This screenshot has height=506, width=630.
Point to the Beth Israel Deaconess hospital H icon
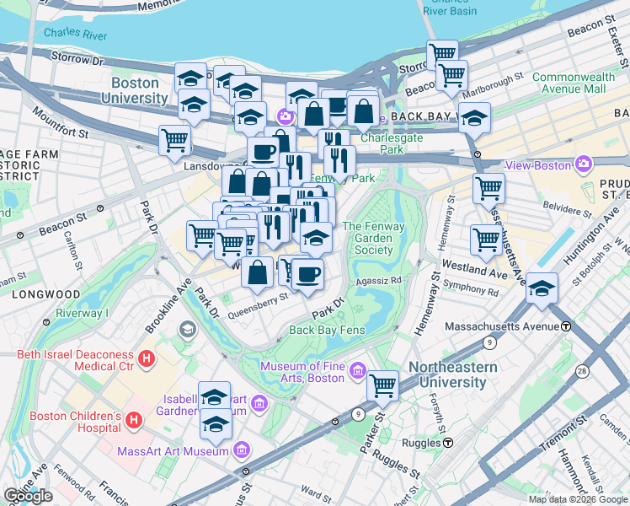(x=147, y=358)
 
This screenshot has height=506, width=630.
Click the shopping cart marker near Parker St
(x=382, y=385)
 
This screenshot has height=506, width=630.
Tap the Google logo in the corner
(x=28, y=496)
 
